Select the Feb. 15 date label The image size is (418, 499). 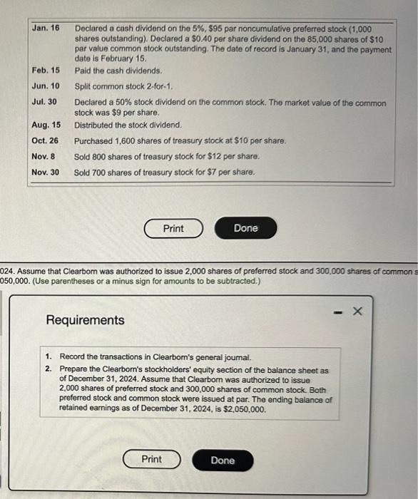point(46,71)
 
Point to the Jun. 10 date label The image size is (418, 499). point(46,86)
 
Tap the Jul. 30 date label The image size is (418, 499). point(45,103)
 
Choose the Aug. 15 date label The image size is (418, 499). point(46,125)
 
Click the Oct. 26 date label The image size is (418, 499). point(45,140)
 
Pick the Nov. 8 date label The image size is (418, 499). point(44,156)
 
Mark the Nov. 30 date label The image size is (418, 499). point(46,172)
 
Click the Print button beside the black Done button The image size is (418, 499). point(173,228)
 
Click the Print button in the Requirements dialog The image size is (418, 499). point(151,460)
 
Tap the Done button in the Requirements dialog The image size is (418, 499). point(223,461)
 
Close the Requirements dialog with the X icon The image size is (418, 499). point(359,312)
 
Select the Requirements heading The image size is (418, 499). point(85,320)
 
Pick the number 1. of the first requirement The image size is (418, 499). point(48,356)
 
